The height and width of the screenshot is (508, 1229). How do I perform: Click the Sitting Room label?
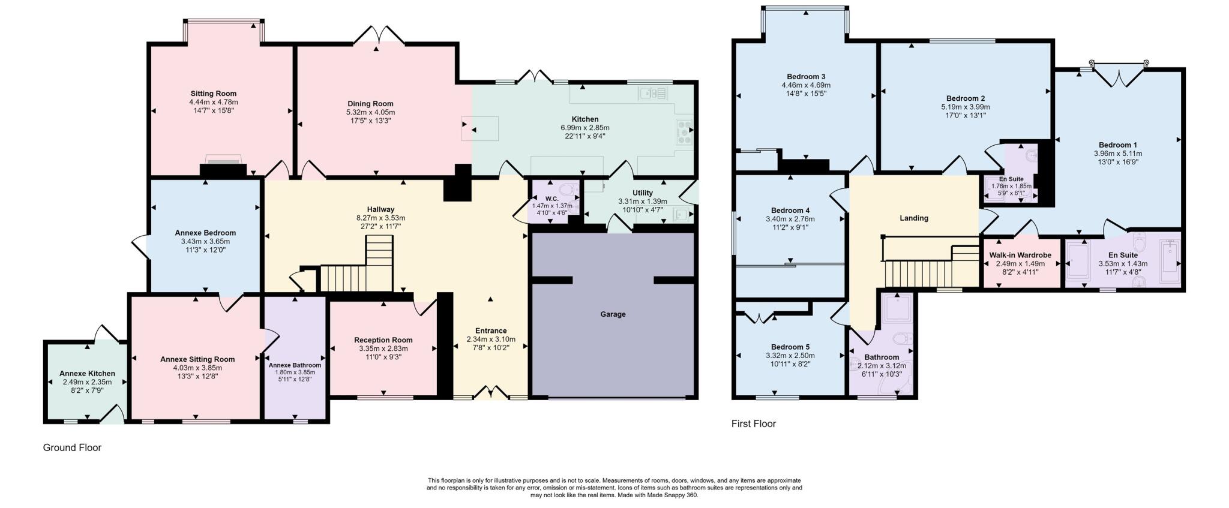(214, 94)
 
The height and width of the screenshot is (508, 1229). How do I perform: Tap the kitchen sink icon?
(653, 94)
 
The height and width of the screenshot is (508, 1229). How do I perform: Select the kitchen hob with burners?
(684, 132)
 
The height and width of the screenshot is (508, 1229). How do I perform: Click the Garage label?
(613, 314)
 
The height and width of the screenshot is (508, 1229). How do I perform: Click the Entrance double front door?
(491, 393)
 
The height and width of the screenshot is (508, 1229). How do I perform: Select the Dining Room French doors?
(379, 35)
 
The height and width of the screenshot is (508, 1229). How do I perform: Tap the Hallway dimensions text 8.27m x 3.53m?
(380, 218)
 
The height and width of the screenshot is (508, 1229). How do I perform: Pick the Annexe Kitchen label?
(87, 374)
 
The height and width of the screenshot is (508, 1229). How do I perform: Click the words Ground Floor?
(72, 447)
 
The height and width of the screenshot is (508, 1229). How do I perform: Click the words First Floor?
(754, 423)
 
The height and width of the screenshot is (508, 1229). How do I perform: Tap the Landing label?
(913, 218)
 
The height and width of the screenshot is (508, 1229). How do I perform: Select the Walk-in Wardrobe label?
(1020, 255)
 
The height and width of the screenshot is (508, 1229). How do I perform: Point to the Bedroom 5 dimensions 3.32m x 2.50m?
(790, 356)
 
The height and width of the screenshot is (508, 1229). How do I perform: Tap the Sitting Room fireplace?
(223, 167)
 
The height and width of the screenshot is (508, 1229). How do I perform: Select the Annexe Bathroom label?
(295, 365)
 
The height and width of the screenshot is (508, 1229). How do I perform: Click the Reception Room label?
(383, 340)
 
